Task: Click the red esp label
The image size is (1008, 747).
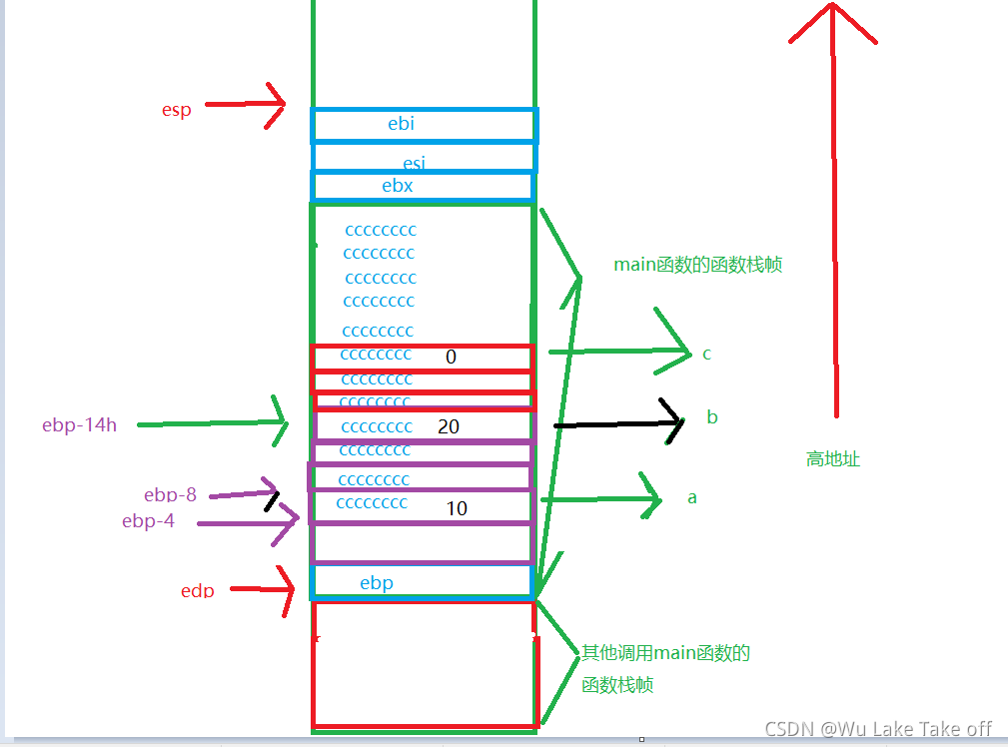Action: [x=177, y=109]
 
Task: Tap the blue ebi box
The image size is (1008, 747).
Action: [x=425, y=125]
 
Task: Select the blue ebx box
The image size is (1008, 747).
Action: [x=423, y=186]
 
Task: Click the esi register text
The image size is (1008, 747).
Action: [x=414, y=163]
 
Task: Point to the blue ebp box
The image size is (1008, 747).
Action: [x=422, y=581]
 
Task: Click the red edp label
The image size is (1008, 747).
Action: [x=198, y=590]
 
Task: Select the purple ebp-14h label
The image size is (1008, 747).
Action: [x=80, y=425]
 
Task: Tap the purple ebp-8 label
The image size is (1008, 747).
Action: [x=170, y=494]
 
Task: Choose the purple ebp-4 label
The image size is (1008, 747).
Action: [x=148, y=520]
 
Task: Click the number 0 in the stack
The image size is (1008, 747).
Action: [x=451, y=357]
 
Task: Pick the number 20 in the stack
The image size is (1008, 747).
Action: [x=449, y=426]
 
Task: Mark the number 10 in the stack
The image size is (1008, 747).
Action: [x=457, y=508]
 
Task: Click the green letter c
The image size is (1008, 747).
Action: [x=706, y=354]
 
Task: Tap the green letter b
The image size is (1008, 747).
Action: [x=712, y=417]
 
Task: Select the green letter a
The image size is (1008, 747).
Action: [x=692, y=496]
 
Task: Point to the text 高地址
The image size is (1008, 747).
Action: [x=833, y=459]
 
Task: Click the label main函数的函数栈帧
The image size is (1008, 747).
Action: [x=697, y=265]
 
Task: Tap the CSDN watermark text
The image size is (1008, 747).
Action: [x=878, y=729]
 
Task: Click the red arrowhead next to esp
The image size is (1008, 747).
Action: [x=276, y=105]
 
